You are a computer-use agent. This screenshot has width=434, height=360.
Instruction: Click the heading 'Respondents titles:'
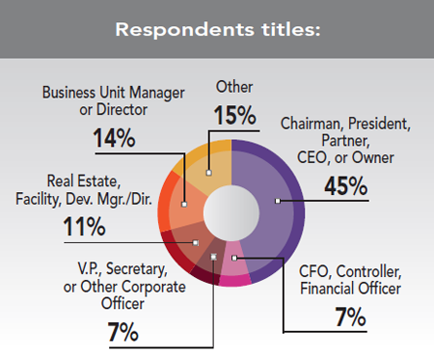(x=217, y=28)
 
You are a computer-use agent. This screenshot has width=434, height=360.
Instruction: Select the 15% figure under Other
(x=234, y=116)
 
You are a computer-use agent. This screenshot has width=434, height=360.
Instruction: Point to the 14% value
(x=115, y=138)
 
